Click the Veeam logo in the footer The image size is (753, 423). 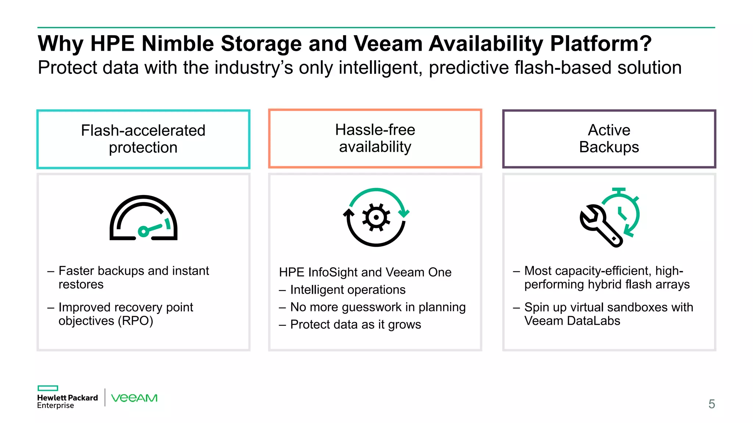134,398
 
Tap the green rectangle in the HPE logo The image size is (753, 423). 48,388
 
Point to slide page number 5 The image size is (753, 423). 711,404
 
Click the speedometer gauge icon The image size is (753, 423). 143,218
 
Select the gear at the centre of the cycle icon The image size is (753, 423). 376,217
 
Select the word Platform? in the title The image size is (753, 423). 601,44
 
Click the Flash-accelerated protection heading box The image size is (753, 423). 143,139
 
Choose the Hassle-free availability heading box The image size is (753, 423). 375,138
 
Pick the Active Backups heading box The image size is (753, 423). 609,139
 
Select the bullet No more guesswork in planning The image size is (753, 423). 378,307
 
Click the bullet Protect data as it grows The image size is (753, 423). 355,325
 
